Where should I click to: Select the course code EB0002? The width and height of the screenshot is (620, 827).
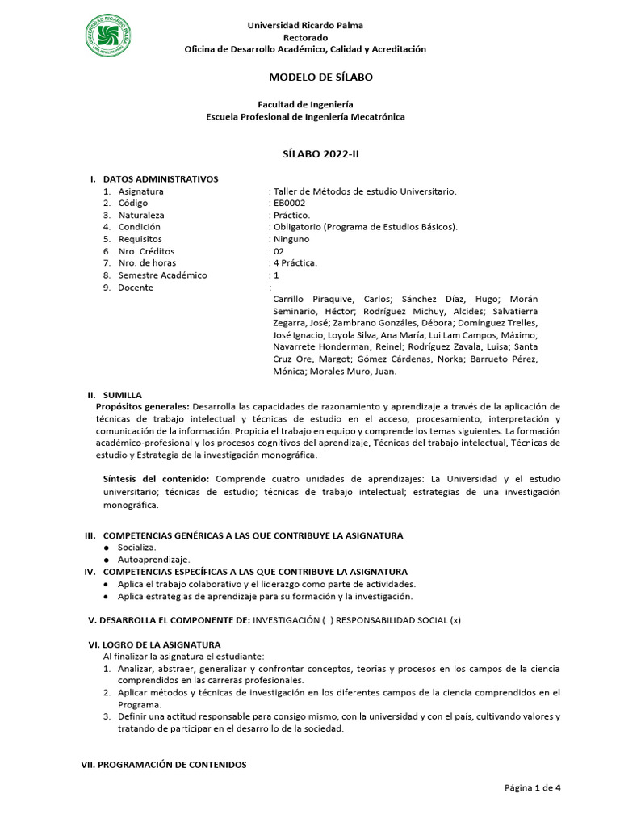click(x=290, y=204)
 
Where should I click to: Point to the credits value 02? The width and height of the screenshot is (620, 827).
click(x=279, y=251)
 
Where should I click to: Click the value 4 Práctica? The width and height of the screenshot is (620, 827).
click(x=295, y=263)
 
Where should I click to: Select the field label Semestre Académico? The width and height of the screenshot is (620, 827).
click(x=162, y=275)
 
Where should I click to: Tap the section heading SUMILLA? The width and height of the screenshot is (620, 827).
click(x=122, y=395)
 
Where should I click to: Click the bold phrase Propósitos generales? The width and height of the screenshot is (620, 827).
click(x=142, y=406)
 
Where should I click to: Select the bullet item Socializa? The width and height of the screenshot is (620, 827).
click(x=136, y=548)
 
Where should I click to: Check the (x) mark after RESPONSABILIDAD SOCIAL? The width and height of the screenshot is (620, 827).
click(x=455, y=620)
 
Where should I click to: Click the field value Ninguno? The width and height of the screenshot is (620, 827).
click(x=291, y=239)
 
